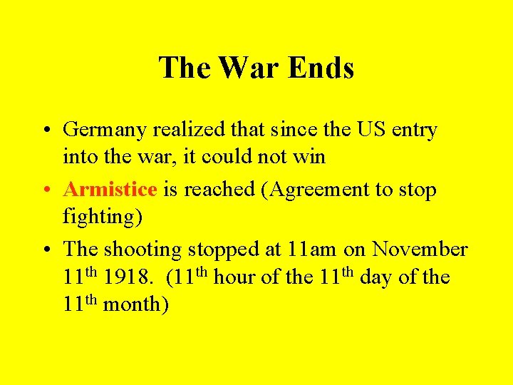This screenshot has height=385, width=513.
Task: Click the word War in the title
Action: [250, 68]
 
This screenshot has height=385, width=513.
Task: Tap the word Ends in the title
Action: [321, 68]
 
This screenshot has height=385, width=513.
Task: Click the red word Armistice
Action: [110, 190]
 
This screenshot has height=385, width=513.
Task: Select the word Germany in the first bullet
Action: [103, 130]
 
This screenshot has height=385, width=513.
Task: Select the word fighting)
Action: [103, 216]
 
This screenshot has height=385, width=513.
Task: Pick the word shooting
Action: [142, 250]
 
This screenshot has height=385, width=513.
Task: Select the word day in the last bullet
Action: [374, 277]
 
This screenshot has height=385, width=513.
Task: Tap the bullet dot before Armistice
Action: [44, 190]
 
